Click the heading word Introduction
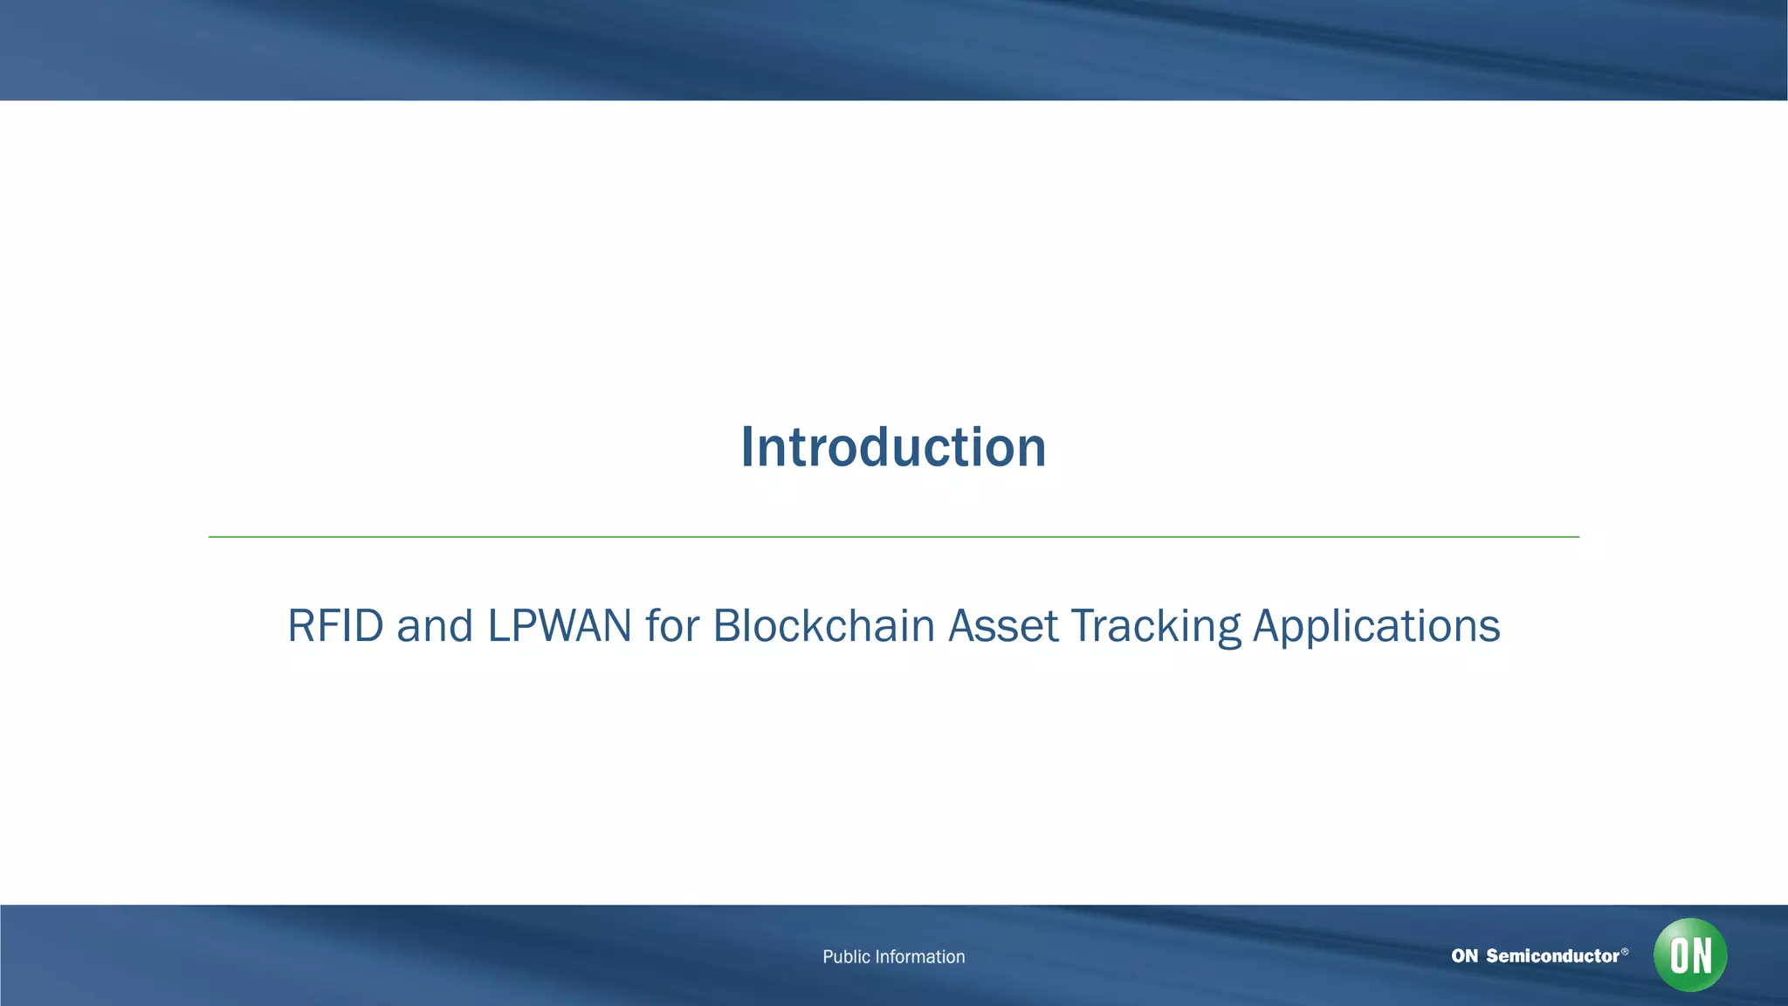click(x=893, y=447)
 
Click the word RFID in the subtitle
click(x=335, y=626)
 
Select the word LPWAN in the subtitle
click(x=559, y=626)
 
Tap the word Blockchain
click(x=823, y=626)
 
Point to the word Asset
click(x=1003, y=626)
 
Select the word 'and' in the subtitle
click(x=435, y=626)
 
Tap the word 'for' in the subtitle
click(x=672, y=626)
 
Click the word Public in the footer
click(x=846, y=957)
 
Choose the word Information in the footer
click(x=920, y=957)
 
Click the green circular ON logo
click(x=1689, y=954)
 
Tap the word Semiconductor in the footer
click(x=1552, y=956)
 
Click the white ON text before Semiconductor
click(x=1464, y=956)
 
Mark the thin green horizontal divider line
click(x=893, y=537)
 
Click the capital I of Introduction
click(x=747, y=447)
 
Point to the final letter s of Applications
click(x=1491, y=629)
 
